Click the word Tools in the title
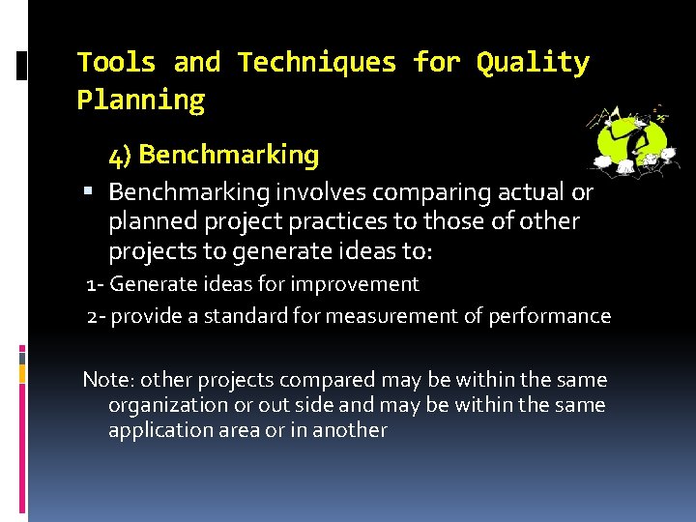point(116,63)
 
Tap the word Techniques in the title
point(317,63)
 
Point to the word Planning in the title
point(141,100)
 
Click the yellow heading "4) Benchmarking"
point(214,155)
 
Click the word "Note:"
point(107,379)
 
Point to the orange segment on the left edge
point(23,372)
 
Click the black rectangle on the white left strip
point(22,67)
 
